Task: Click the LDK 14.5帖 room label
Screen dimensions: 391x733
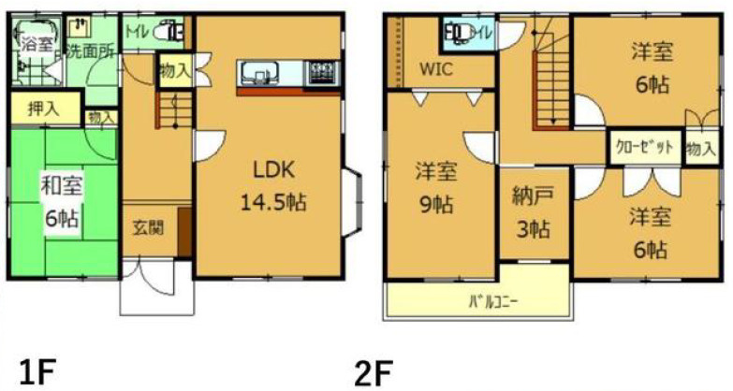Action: [272, 185]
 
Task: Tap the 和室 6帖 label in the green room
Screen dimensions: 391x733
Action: [61, 200]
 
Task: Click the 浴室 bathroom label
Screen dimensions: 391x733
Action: [37, 43]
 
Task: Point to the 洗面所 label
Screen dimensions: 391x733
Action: [90, 52]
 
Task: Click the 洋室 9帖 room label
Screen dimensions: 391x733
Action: [435, 188]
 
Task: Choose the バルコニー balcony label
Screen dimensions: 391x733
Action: [492, 301]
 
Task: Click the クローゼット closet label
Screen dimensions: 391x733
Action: [644, 147]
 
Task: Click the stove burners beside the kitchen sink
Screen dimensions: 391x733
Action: [321, 72]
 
